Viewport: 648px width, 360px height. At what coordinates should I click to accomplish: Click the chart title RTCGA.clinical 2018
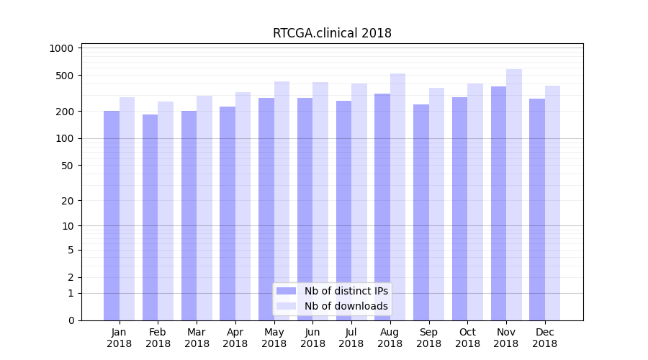point(332,33)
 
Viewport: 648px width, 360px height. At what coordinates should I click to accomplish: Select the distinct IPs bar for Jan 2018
point(112,215)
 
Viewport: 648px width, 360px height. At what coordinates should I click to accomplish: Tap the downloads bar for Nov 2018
point(514,194)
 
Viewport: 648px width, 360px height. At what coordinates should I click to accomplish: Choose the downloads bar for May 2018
point(282,201)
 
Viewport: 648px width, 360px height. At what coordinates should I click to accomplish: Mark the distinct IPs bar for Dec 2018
point(537,210)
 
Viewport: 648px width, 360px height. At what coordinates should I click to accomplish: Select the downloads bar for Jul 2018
point(359,202)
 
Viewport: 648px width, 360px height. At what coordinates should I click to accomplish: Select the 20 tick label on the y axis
point(67,201)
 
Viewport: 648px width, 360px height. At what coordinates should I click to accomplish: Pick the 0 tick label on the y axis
point(71,320)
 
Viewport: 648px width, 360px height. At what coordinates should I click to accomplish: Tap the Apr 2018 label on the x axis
point(235,338)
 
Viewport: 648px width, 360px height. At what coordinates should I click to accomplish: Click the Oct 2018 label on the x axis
point(467,338)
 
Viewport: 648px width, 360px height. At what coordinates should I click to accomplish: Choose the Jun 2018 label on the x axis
point(312,338)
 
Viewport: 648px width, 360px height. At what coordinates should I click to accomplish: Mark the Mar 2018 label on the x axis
point(197,338)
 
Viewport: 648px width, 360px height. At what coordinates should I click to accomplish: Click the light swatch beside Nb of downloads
point(287,306)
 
